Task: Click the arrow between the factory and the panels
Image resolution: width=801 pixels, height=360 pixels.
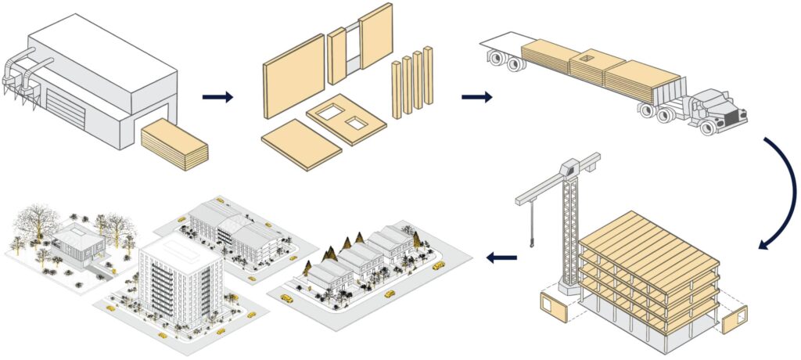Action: [x=217, y=97]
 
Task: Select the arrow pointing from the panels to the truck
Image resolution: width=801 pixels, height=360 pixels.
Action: [x=476, y=97]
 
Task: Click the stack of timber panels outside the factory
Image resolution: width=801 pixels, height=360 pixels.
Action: [x=175, y=144]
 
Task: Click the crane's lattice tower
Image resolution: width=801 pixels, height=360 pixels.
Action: [x=570, y=227]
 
